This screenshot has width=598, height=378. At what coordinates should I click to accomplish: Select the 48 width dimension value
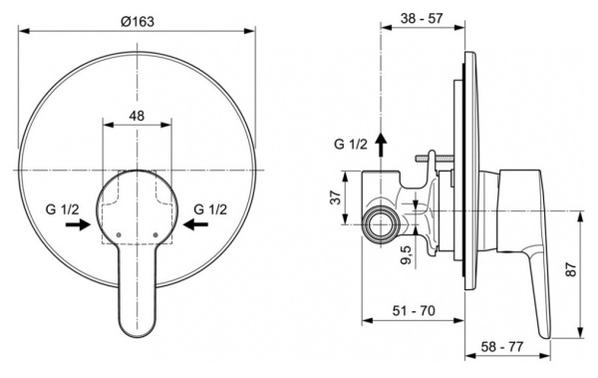(138, 116)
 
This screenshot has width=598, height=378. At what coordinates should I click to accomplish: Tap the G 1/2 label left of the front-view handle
(64, 208)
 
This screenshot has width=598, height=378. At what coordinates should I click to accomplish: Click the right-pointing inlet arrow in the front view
(76, 225)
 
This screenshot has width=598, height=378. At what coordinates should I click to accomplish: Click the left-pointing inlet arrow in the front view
(197, 225)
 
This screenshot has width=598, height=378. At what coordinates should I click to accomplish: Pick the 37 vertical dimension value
(336, 197)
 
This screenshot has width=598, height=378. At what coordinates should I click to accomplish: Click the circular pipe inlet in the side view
(379, 225)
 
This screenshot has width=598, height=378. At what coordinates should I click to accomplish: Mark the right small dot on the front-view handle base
(157, 232)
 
